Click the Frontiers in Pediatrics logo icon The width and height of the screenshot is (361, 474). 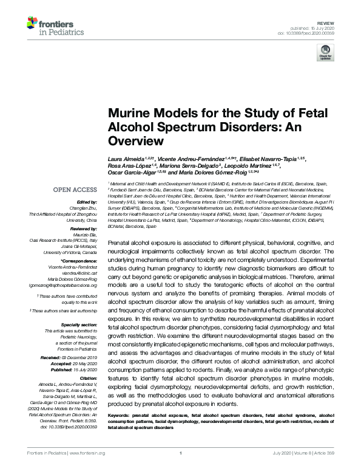point(33,25)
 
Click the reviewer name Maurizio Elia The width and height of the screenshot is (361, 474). point(86,234)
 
